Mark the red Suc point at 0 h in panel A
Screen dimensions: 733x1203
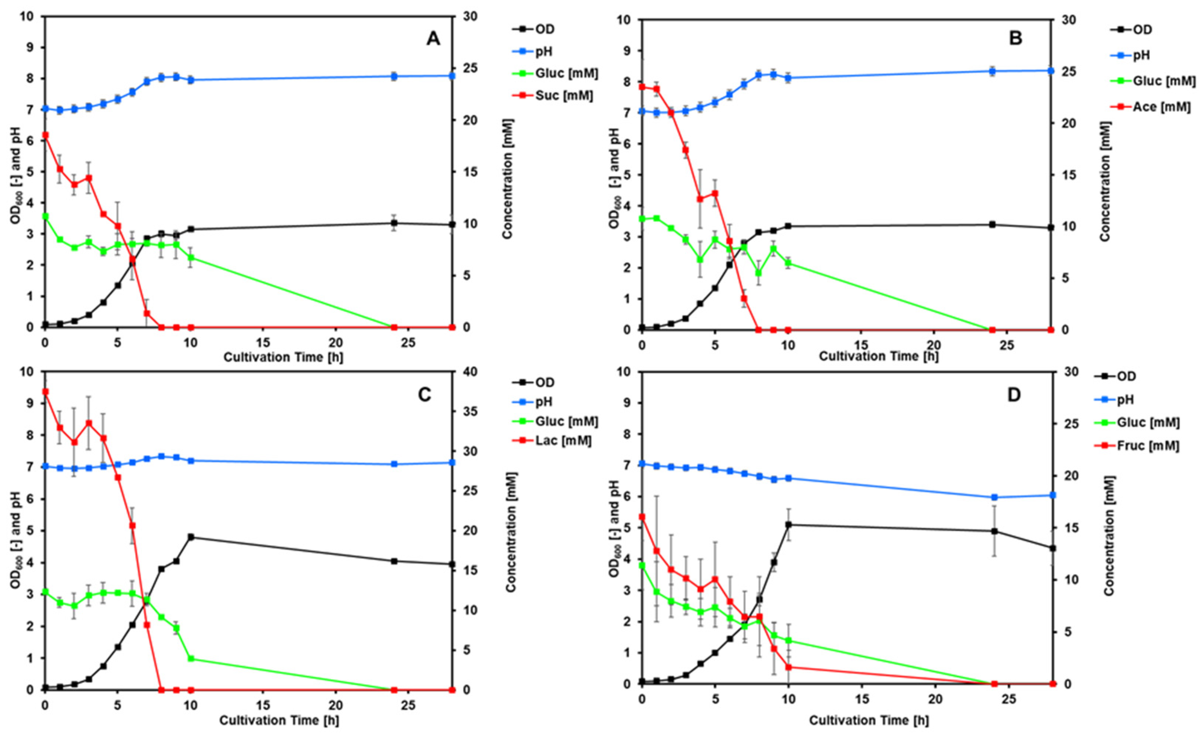tap(45, 135)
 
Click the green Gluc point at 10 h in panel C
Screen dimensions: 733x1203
tap(191, 659)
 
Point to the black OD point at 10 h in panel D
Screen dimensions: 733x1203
tap(788, 525)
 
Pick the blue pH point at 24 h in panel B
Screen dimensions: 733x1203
tap(992, 71)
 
